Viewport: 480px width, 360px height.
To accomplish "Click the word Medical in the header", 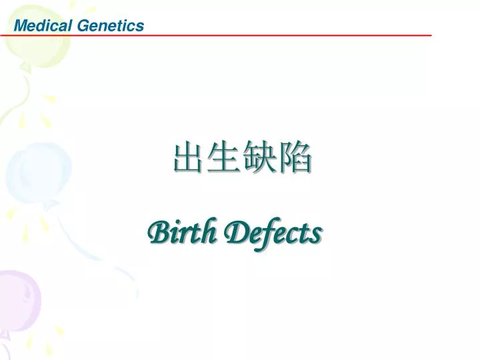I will [x=43, y=26].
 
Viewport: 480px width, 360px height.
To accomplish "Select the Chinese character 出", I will [x=189, y=159].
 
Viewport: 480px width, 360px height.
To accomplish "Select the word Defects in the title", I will [x=273, y=233].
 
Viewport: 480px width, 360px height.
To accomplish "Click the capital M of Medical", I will [x=21, y=26].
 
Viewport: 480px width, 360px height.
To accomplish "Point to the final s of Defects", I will [x=317, y=234].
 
